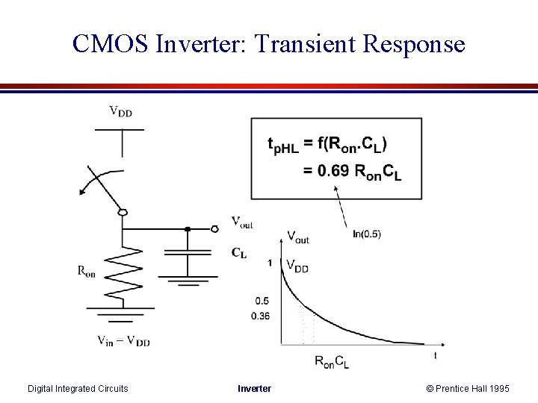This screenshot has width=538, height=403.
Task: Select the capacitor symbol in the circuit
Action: [x=188, y=253]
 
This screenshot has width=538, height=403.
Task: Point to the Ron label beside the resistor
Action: [x=87, y=272]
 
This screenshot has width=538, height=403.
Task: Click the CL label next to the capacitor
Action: [x=239, y=253]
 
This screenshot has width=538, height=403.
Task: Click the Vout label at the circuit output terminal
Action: [x=241, y=222]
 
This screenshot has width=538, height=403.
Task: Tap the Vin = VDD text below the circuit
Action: [x=123, y=341]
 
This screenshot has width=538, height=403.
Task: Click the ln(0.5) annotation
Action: [x=366, y=234]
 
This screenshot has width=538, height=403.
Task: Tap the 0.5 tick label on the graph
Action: [x=262, y=301]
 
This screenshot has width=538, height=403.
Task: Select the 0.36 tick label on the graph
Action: [x=261, y=316]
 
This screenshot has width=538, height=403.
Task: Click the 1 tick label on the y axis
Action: [x=269, y=263]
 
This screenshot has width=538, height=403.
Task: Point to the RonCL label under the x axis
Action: [x=331, y=362]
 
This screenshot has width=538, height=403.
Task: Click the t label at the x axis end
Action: [x=436, y=356]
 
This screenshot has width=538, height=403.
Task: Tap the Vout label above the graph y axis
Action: [x=297, y=238]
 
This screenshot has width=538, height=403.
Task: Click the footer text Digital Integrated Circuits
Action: [x=78, y=388]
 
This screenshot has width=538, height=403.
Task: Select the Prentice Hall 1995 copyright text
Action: [x=468, y=388]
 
